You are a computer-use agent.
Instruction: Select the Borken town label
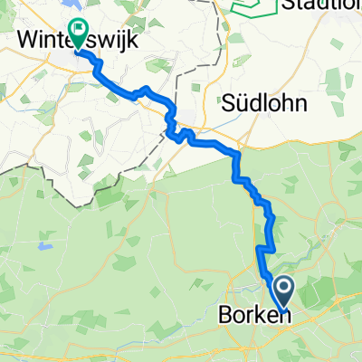click(x=252, y=317)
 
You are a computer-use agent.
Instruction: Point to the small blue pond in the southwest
click(x=41, y=245)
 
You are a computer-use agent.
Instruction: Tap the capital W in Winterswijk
click(x=28, y=40)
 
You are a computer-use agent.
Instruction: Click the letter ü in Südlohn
click(x=249, y=103)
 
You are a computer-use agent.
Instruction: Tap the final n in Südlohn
click(x=300, y=103)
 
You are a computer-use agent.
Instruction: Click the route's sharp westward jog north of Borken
click(x=263, y=247)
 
